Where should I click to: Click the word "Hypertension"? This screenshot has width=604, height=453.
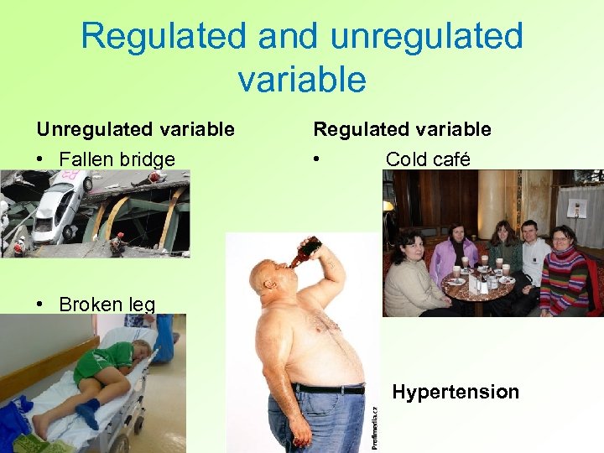point(456,392)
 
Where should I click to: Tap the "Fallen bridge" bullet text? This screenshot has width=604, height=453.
point(117,159)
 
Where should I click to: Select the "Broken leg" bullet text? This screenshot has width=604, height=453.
point(107,304)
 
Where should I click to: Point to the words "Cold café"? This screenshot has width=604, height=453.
point(428,159)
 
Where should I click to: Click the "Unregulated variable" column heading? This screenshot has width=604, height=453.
point(135,129)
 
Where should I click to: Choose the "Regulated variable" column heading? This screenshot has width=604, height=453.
point(402,129)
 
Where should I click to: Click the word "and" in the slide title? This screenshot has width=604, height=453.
point(283,36)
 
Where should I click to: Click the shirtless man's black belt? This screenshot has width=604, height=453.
point(327,388)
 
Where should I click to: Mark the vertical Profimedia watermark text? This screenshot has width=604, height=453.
point(374,428)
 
